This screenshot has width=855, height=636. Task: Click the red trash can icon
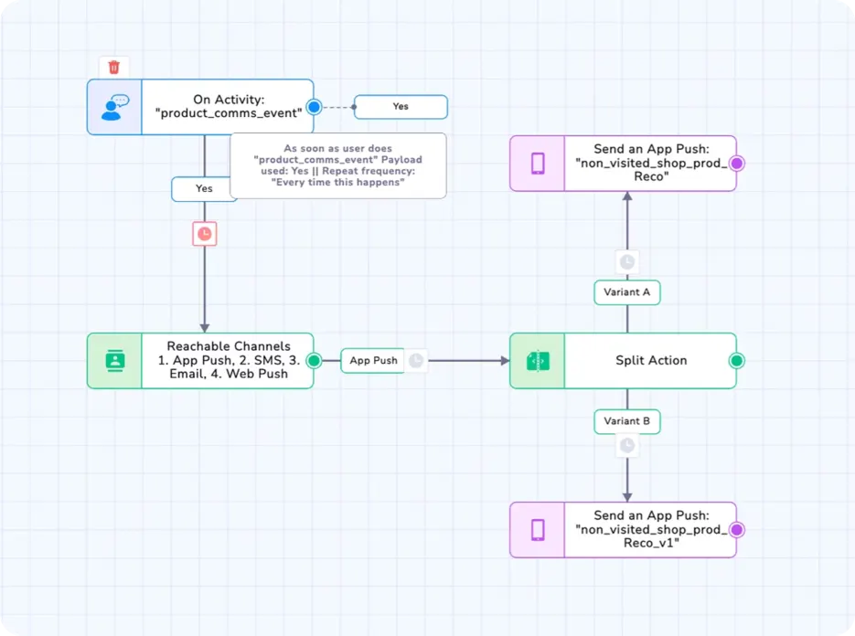point(114,67)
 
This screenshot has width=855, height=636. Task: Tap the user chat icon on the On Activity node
point(114,107)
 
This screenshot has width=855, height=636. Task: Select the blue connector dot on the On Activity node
point(314,107)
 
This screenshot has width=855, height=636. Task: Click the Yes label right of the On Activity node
point(401,107)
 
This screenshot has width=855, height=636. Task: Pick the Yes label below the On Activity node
point(204,188)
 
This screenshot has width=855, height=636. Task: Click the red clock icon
point(205,234)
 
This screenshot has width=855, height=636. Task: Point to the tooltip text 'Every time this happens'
point(338,183)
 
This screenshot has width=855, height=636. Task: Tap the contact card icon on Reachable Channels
point(114,361)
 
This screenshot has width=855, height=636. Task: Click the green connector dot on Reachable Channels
point(314,360)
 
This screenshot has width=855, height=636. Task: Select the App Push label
point(373,361)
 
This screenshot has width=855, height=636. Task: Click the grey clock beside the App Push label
point(416,361)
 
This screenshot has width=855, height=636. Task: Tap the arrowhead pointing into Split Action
point(506,361)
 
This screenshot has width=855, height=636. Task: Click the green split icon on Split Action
point(538,361)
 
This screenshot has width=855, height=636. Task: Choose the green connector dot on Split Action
point(737,360)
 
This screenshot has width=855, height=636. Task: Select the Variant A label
point(627,292)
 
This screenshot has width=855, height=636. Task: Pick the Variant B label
point(627,421)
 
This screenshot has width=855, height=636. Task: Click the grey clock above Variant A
point(627,262)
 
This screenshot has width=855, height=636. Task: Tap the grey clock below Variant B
point(627,446)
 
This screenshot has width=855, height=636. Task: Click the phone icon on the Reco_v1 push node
point(538,530)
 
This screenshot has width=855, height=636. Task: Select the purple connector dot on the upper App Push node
point(737,163)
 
